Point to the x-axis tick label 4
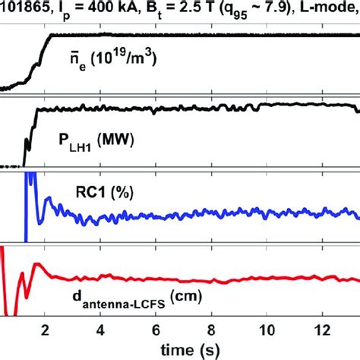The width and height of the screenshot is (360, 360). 101,330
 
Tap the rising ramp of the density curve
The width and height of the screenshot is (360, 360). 34,57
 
